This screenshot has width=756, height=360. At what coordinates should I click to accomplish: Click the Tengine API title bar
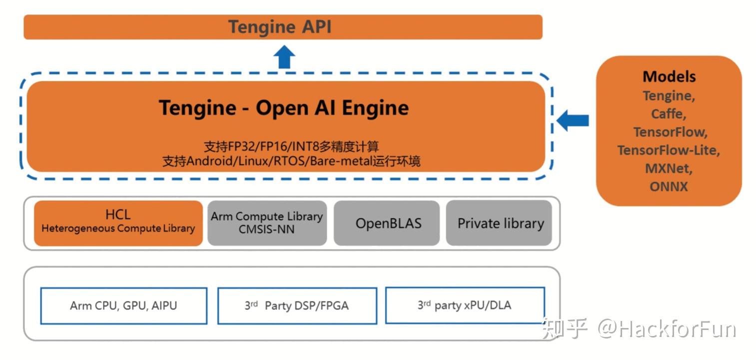coord(283,27)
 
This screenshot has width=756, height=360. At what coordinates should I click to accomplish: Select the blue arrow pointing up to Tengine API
coord(285,57)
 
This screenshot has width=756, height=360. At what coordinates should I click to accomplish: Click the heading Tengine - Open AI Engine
coord(283,108)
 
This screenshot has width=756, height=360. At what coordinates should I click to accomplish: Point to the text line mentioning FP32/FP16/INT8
coord(291,146)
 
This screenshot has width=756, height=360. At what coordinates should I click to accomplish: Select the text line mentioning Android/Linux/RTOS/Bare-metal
coord(291,161)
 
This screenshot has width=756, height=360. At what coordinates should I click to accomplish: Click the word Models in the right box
coord(669,76)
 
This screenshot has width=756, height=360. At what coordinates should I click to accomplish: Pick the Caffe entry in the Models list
coord(669,114)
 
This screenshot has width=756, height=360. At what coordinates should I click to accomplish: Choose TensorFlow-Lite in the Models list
coord(669,150)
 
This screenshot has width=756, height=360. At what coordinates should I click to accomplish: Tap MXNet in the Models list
coord(669,168)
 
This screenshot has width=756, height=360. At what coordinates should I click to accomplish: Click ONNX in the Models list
coord(669,186)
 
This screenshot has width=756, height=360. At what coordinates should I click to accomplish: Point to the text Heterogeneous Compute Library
coord(118,228)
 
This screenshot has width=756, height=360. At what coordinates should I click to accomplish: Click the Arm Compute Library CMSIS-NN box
coord(267,223)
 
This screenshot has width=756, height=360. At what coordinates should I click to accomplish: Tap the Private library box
coord(500,223)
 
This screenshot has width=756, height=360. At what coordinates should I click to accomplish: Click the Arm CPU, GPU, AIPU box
coord(123,305)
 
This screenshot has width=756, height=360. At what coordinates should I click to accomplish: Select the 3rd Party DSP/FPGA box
coord(297,305)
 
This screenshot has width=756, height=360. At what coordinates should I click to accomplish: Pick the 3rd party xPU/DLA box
coord(465,305)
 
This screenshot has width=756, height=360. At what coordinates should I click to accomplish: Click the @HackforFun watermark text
coord(667,329)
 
